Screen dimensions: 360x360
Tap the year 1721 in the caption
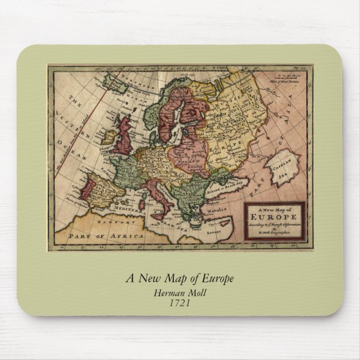179,304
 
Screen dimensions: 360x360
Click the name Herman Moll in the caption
179,292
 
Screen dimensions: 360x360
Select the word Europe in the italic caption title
215,278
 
